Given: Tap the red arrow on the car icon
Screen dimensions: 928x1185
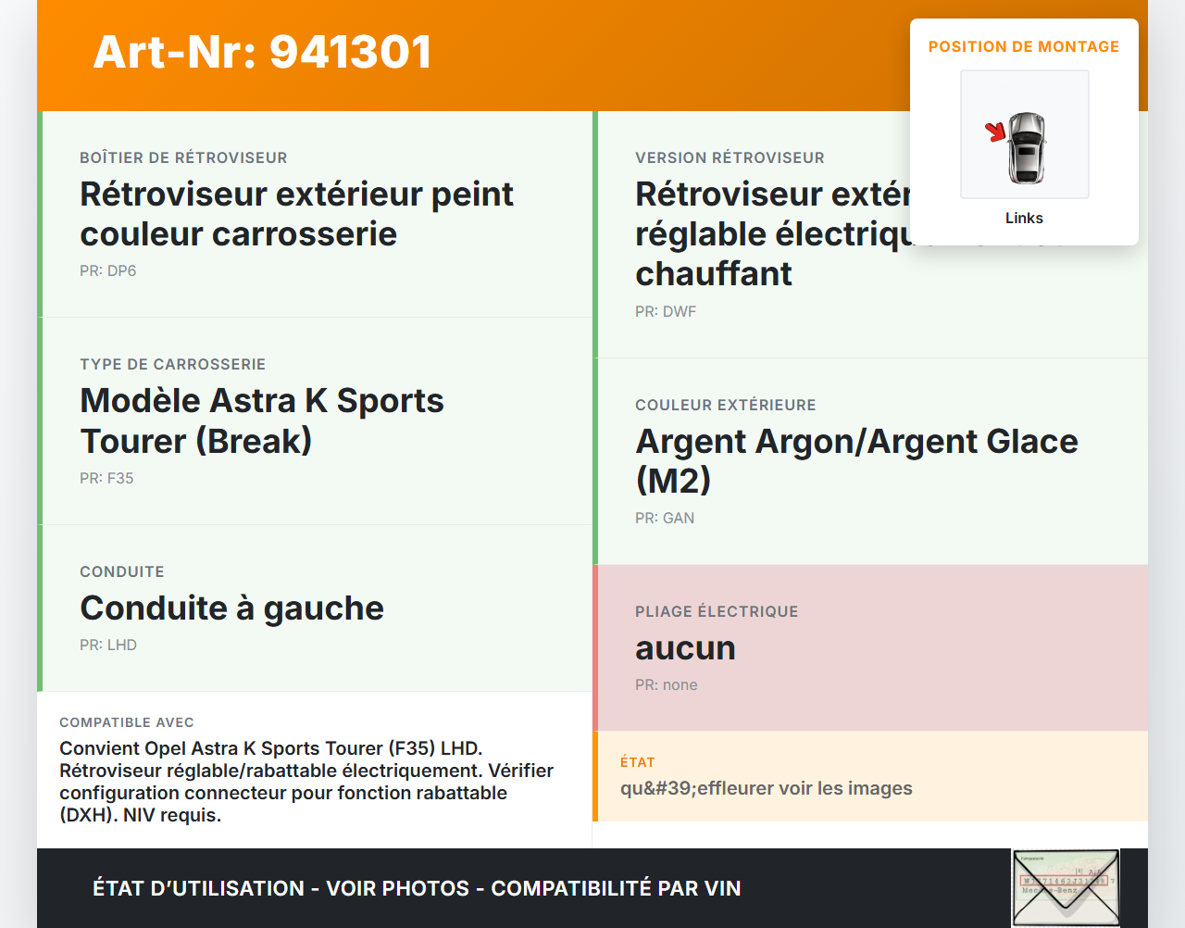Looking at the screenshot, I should [x=996, y=132].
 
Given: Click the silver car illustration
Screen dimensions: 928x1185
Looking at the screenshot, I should [x=1027, y=147].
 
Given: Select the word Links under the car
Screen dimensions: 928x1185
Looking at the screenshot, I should [x=1024, y=218].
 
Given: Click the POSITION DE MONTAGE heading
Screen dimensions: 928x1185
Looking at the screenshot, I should [x=1024, y=46].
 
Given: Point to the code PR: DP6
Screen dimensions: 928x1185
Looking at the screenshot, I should [x=108, y=270].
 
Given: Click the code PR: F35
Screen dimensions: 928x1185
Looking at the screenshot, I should [x=106, y=478].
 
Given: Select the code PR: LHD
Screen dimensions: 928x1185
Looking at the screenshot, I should [x=108, y=645].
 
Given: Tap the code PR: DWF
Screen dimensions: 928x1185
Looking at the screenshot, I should [x=666, y=311].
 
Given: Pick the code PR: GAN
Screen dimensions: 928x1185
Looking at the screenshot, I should [x=665, y=518].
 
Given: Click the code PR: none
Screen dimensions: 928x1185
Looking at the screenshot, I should [x=667, y=684].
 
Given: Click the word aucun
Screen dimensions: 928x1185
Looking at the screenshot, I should [x=685, y=647].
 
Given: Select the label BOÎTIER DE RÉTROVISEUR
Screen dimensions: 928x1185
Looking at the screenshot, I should [x=183, y=157].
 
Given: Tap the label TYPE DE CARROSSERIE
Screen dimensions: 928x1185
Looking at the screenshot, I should [x=173, y=364].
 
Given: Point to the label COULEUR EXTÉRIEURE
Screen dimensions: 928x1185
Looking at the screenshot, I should [x=726, y=405].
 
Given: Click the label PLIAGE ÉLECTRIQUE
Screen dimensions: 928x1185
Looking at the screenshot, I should [x=717, y=611].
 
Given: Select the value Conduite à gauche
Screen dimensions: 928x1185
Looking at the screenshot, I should [x=231, y=608].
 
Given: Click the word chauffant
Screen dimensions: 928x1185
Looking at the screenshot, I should [x=714, y=273].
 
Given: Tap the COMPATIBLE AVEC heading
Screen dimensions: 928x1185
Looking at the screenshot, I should [x=127, y=722].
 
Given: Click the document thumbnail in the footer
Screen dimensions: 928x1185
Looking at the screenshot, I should [x=1066, y=887].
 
